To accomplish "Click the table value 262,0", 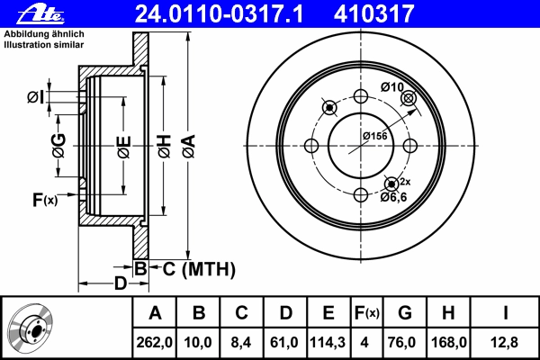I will [155, 341].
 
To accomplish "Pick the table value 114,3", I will [328, 341].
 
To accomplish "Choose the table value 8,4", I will [241, 341].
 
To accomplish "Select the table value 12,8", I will [506, 341].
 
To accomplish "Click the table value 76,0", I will [405, 341].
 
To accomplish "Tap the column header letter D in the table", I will [284, 313].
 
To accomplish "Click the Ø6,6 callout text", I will [395, 195].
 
